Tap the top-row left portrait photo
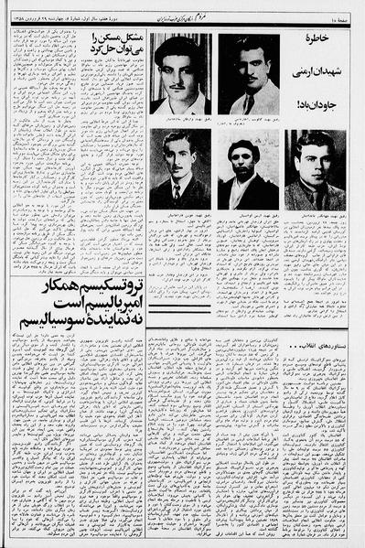pos(179,74)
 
